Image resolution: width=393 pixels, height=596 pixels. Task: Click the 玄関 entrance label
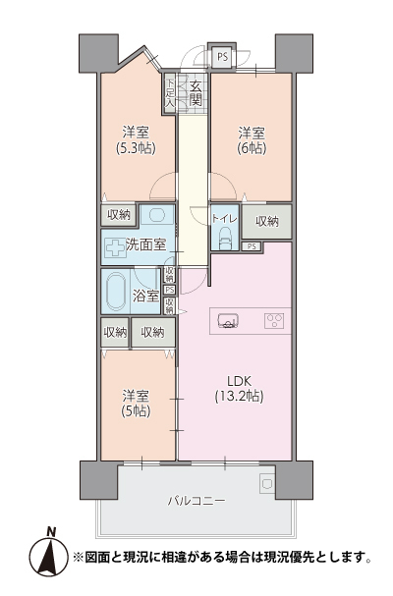click(196, 93)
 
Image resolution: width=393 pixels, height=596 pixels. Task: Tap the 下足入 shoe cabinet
click(170, 92)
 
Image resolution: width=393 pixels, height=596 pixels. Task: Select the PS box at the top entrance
click(223, 57)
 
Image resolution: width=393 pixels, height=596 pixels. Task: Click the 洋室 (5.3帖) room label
click(136, 140)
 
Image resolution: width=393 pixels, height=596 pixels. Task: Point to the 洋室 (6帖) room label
click(252, 140)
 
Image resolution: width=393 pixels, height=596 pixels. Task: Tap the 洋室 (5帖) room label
click(136, 404)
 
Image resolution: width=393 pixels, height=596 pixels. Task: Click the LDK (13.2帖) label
click(239, 389)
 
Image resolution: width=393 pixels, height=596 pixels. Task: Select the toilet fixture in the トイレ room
click(225, 239)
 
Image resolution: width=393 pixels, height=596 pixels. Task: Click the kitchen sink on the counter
click(228, 320)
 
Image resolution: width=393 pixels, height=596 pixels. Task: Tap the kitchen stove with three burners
click(274, 321)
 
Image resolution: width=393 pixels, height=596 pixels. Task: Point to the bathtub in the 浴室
click(116, 292)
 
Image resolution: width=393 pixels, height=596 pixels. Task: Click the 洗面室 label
click(146, 244)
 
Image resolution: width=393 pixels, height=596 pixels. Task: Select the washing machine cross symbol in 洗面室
click(115, 249)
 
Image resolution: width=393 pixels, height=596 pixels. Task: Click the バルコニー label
click(196, 500)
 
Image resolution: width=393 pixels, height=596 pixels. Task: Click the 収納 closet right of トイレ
click(267, 222)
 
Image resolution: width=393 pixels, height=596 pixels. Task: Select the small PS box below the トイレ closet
click(252, 246)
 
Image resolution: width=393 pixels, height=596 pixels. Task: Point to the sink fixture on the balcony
click(267, 483)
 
